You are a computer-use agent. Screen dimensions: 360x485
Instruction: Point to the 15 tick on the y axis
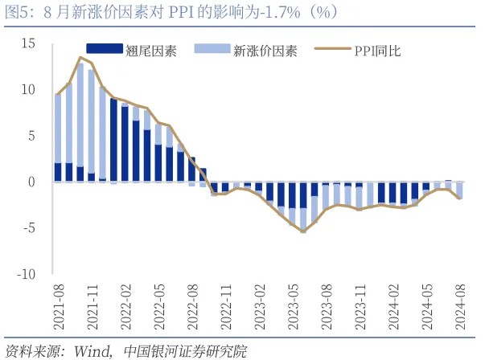click(x=30, y=43)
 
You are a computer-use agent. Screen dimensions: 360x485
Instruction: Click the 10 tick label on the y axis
click(x=30, y=89)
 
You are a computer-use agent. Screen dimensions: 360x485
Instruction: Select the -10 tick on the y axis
click(x=28, y=274)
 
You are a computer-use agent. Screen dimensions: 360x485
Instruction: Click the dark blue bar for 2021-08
click(x=58, y=172)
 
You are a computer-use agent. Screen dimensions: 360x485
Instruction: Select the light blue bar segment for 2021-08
click(x=58, y=129)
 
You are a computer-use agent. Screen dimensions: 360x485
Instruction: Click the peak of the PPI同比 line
click(x=80, y=57)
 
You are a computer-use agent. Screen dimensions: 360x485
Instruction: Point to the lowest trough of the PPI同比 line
click(x=303, y=231)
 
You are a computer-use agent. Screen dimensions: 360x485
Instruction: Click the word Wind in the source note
click(x=89, y=351)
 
